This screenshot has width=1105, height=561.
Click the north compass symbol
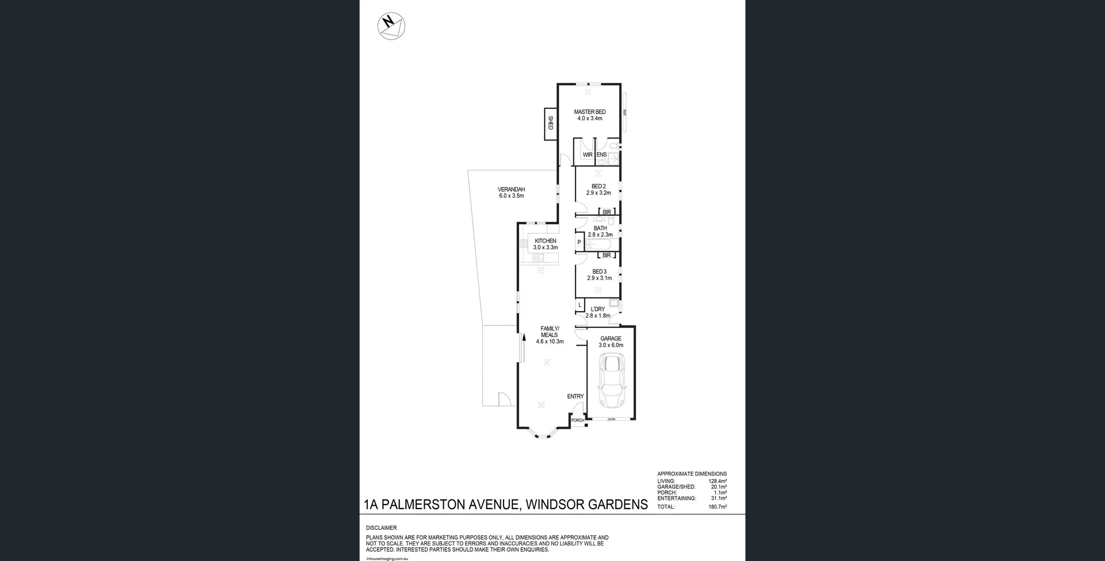pos(391,26)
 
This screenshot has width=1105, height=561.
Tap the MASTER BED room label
pos(589,112)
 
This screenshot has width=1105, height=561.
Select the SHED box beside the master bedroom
pos(550,123)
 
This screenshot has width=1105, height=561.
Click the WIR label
pos(587,155)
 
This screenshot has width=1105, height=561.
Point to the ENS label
pos(601,155)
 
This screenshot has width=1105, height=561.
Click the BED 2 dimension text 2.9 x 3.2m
pos(599,193)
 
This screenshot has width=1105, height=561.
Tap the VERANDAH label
pos(511,189)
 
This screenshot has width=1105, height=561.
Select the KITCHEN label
pos(545,241)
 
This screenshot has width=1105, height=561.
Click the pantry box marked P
pos(579,242)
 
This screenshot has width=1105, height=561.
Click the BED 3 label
pos(599,271)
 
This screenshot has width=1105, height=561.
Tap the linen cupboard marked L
pos(580,305)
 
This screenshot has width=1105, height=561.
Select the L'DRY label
pos(597,309)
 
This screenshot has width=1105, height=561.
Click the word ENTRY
pos(575,396)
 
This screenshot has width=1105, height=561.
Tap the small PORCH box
pos(577,420)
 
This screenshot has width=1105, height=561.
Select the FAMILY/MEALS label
pos(550,332)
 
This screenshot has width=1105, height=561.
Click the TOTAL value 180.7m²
pos(717,507)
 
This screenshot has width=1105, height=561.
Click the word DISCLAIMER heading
pos(381,528)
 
